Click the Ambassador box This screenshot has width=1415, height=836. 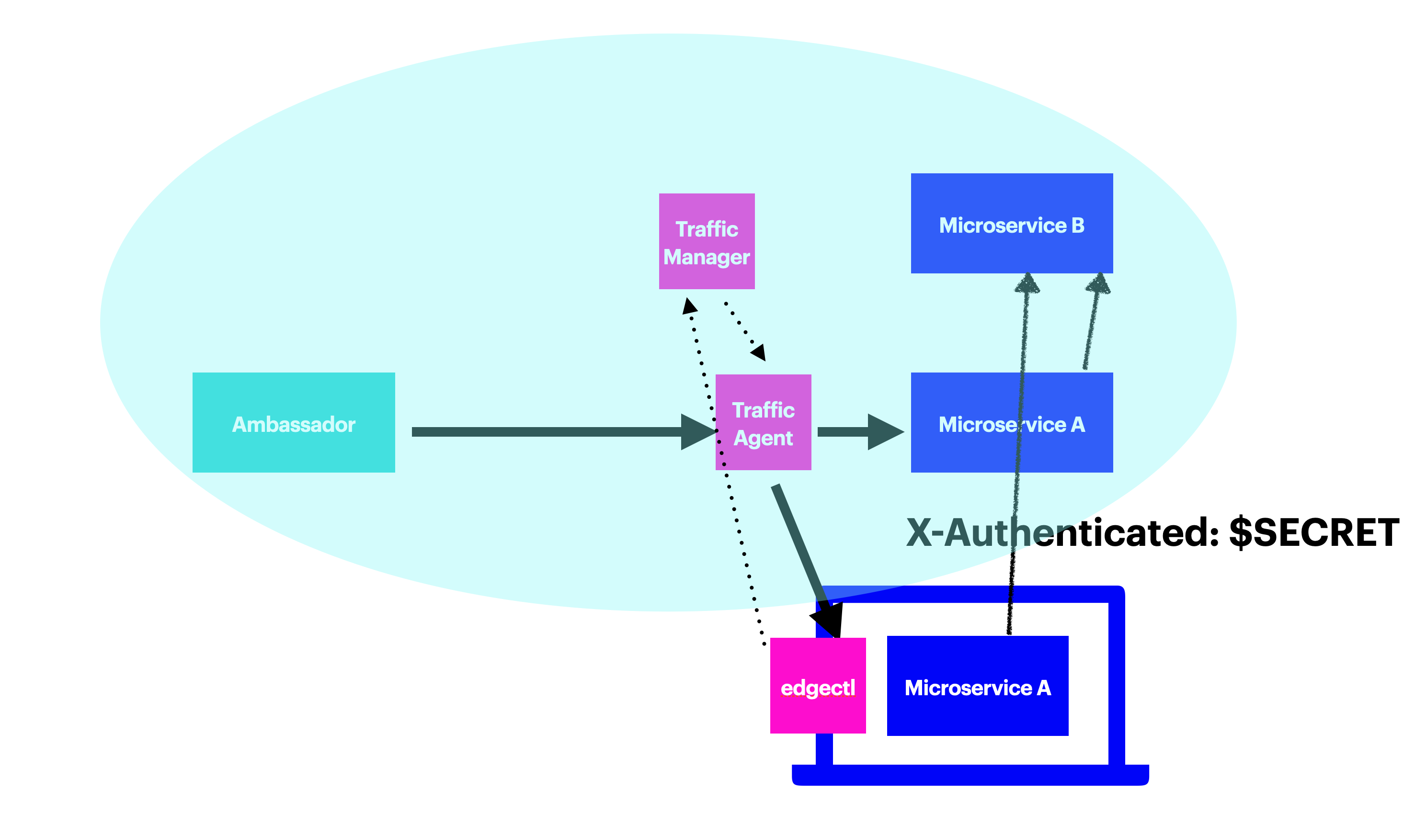tap(294, 422)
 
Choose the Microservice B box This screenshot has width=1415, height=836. tap(1012, 224)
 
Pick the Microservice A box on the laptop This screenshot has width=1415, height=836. tap(977, 686)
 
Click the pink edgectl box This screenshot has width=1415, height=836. tap(818, 686)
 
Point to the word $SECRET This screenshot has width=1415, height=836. tap(1313, 532)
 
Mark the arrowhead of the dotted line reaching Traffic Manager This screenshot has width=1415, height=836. tap(689, 306)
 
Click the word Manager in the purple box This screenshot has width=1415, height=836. tap(707, 258)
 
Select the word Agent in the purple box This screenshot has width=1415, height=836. tap(763, 438)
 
